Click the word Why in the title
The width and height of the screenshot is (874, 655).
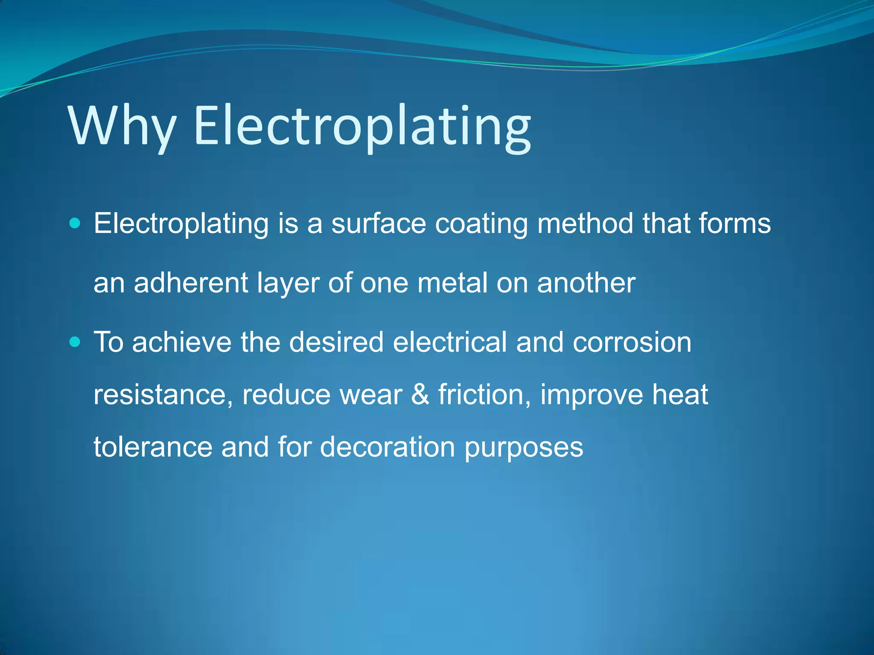[122, 126]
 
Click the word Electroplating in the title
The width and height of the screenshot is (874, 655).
[362, 126]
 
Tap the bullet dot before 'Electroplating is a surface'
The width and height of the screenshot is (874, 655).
[75, 223]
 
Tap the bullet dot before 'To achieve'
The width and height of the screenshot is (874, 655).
[75, 342]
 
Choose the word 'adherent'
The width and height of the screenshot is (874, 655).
[191, 283]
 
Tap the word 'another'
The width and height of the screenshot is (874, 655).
[586, 283]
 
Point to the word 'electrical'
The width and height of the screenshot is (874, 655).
[449, 342]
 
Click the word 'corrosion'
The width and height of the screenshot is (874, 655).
[632, 342]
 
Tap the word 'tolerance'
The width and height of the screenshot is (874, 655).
[153, 447]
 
